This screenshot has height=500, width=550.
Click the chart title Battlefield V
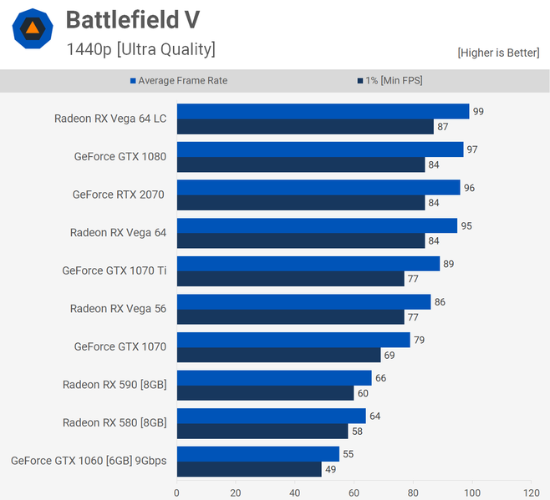point(132,19)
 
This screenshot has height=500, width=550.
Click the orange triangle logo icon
point(33,29)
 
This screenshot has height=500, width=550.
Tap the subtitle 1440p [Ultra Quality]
point(140,49)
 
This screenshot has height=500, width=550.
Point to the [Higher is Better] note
point(498,53)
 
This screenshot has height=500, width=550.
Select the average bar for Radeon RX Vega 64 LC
point(323,111)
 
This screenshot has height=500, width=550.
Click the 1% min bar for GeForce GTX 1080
point(301,164)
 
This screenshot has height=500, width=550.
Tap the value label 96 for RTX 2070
point(469,188)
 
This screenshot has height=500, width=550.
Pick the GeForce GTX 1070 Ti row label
point(114,270)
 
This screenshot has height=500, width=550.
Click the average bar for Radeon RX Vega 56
point(303,301)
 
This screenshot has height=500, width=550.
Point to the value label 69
point(389,356)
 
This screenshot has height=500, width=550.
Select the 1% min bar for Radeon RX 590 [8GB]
point(265,393)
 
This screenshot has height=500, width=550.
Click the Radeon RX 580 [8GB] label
point(115,422)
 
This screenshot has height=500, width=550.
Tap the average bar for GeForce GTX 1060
point(257,454)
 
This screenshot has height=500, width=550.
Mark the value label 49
point(329,470)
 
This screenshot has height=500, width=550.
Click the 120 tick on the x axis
point(532,492)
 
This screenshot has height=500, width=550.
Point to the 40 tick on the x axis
point(295,492)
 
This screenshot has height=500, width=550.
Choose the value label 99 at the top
point(478,111)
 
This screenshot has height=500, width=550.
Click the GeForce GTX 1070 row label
point(120,346)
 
